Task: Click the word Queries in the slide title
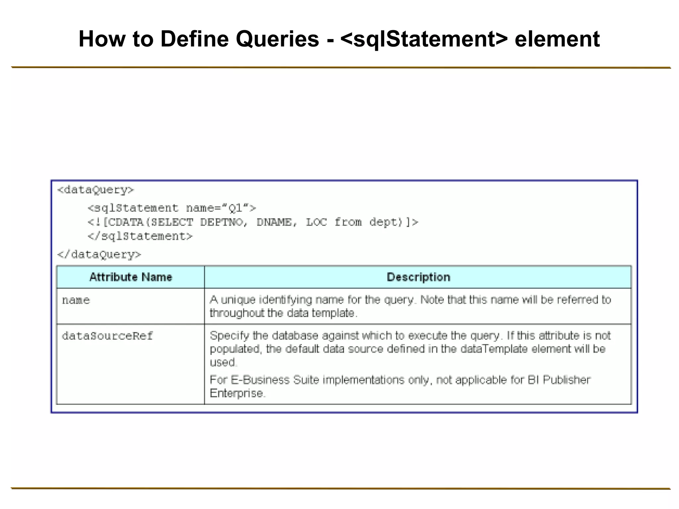[x=277, y=39]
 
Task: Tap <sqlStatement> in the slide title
[x=424, y=39]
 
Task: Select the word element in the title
[x=557, y=39]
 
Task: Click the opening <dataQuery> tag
[x=95, y=190]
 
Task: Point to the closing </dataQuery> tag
[x=99, y=255]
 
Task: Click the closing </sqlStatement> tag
[x=140, y=237]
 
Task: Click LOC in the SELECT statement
[x=316, y=222]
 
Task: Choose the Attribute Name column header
[x=131, y=277]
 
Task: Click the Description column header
[x=418, y=277]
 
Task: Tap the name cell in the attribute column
[x=76, y=301]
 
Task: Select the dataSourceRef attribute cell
[x=107, y=336]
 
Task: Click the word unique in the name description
[x=238, y=300]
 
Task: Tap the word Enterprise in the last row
[x=237, y=394]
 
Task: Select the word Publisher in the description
[x=566, y=380]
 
